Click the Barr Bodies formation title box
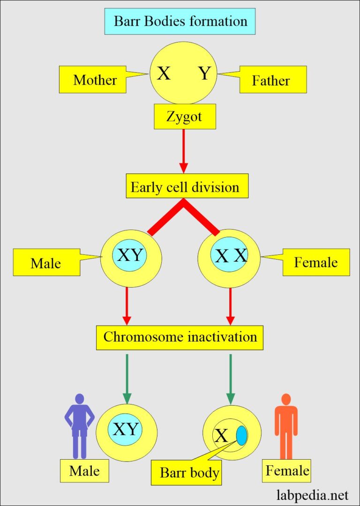pyautogui.click(x=180, y=21)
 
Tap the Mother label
pyautogui.click(x=95, y=80)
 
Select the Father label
pyautogui.click(x=271, y=80)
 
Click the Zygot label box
pyautogui.click(x=185, y=117)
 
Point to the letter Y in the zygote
pyautogui.click(x=204, y=74)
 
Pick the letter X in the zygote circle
pyautogui.click(x=164, y=74)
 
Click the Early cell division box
pyautogui.click(x=186, y=187)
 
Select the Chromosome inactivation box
pyautogui.click(x=180, y=337)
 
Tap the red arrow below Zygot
pyautogui.click(x=184, y=150)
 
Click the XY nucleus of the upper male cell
pyautogui.click(x=129, y=255)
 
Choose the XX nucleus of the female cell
pyautogui.click(x=230, y=255)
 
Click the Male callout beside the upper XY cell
pyautogui.click(x=45, y=263)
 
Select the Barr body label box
pyautogui.click(x=189, y=472)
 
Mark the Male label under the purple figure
pyautogui.click(x=85, y=470)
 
